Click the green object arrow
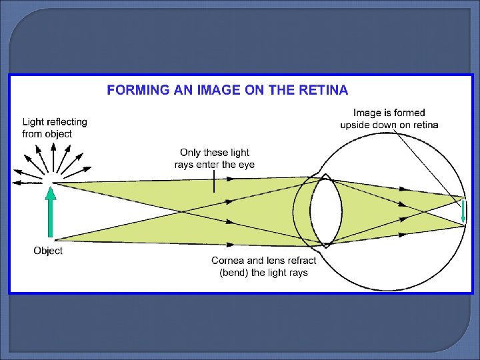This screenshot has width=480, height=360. click(50, 213)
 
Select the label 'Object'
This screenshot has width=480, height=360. click(48, 251)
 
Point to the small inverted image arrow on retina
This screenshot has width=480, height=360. click(463, 211)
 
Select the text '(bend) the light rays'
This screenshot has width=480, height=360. click(264, 273)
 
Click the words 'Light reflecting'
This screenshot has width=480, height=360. click(55, 122)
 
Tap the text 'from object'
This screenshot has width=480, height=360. click(47, 134)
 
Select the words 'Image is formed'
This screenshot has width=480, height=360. click(389, 113)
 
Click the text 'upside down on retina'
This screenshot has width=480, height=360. click(389, 125)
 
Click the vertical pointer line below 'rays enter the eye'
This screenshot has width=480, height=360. click(214, 181)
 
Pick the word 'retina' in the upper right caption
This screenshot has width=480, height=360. click(425, 125)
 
